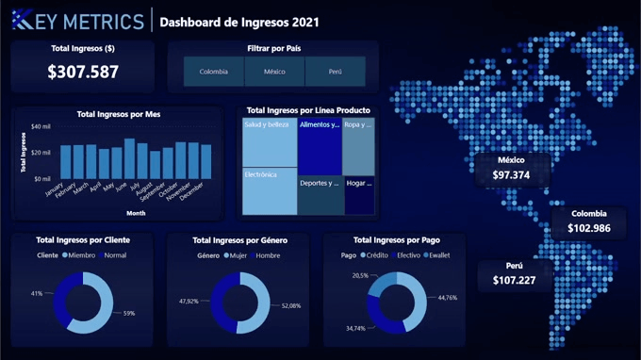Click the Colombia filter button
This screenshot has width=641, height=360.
(x=213, y=72)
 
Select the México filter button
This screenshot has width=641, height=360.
(x=274, y=72)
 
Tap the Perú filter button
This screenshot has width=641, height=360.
(x=336, y=72)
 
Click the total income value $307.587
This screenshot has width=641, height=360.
(x=83, y=72)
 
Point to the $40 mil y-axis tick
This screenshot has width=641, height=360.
(x=41, y=126)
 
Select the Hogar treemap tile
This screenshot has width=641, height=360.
(x=358, y=194)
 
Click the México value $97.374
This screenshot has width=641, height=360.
(x=511, y=175)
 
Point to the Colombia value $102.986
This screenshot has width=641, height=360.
(x=588, y=228)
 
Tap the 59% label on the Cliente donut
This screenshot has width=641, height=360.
(x=129, y=313)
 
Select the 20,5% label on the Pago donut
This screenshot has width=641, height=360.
(x=360, y=275)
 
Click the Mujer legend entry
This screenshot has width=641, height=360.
(x=236, y=255)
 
